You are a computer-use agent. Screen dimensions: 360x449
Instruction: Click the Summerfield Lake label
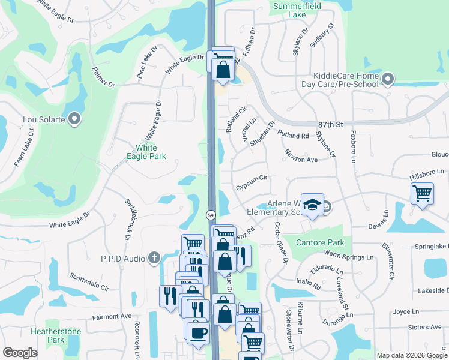click(297, 10)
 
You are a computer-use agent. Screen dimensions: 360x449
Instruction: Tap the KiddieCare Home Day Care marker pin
click(388, 78)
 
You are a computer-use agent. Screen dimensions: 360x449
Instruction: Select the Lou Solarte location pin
click(74, 119)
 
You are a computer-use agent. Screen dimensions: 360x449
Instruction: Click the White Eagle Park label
click(146, 152)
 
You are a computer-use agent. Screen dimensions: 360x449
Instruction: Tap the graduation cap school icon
click(312, 205)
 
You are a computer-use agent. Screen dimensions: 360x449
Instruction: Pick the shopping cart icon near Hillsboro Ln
click(422, 194)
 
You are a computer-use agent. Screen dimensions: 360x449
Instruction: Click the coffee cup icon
click(197, 332)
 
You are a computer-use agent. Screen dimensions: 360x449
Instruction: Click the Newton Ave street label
click(301, 156)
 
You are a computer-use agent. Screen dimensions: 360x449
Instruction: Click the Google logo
click(20, 353)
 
